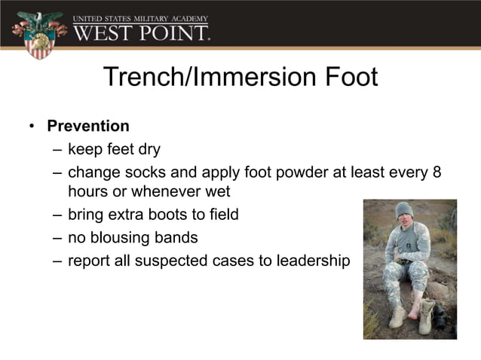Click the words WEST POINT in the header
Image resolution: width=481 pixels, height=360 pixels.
pos(141,33)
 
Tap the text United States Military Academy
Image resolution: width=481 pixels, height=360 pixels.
pos(141,17)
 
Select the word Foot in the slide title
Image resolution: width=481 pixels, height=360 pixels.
pos(348,77)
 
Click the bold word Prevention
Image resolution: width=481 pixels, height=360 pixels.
pos(88,126)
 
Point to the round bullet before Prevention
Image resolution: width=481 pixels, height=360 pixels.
pos(32,126)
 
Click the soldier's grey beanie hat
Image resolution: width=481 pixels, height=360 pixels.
pos(405,210)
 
